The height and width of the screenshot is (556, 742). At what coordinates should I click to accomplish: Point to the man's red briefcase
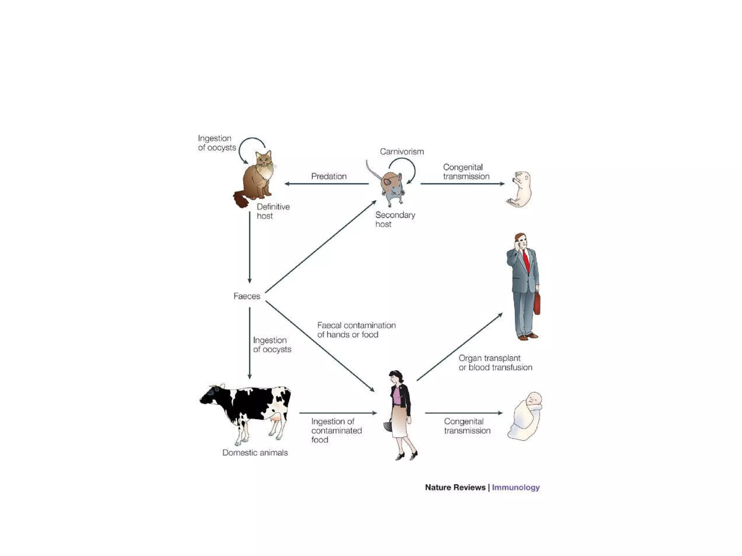click(x=537, y=303)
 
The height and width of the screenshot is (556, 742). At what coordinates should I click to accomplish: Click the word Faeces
click(x=247, y=296)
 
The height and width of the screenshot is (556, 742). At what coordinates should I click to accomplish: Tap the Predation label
click(x=329, y=176)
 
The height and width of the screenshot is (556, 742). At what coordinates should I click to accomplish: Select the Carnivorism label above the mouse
click(x=401, y=152)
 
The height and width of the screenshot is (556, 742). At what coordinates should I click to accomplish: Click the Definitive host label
click(x=272, y=211)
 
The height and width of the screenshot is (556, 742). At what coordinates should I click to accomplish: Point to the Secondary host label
click(x=395, y=219)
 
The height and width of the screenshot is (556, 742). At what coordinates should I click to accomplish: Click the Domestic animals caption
click(x=255, y=452)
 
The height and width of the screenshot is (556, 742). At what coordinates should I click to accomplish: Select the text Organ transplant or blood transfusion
click(x=495, y=363)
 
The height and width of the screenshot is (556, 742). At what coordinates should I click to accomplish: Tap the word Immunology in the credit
click(x=516, y=487)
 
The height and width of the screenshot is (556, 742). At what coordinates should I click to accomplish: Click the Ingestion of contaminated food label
click(x=336, y=430)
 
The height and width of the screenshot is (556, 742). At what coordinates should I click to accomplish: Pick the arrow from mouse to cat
click(x=326, y=184)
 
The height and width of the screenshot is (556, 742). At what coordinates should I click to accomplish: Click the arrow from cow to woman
click(x=338, y=413)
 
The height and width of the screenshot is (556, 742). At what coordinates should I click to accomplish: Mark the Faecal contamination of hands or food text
click(x=356, y=330)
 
